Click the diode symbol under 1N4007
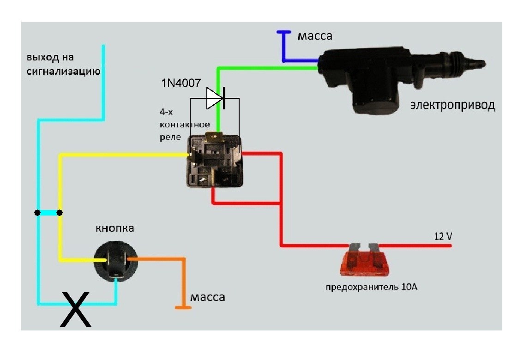pyautogui.click(x=216, y=98)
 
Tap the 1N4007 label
pyautogui.click(x=181, y=83)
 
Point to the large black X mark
pyautogui.click(x=76, y=309)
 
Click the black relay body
pyautogui.click(x=215, y=160)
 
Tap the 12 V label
pyautogui.click(x=443, y=236)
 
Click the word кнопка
pyautogui.click(x=115, y=228)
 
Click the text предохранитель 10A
pyautogui.click(x=371, y=287)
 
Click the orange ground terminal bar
pyautogui.click(x=183, y=307)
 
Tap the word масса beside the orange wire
pyautogui.click(x=208, y=297)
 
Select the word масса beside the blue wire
pyautogui.click(x=315, y=36)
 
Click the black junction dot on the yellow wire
pyautogui.click(x=60, y=213)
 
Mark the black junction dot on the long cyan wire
pyautogui.click(x=37, y=213)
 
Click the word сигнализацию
pyautogui.click(x=64, y=72)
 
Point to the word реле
pyautogui.click(x=170, y=137)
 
